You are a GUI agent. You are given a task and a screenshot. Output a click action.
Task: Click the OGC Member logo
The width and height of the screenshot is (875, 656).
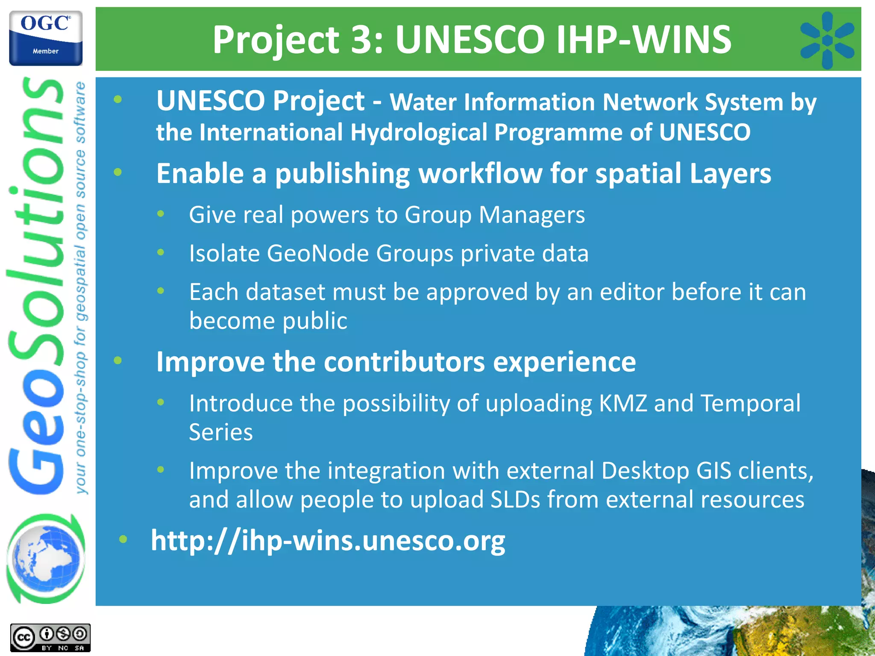point(46,38)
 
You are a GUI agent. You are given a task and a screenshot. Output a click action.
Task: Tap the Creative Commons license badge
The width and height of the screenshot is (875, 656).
point(50,638)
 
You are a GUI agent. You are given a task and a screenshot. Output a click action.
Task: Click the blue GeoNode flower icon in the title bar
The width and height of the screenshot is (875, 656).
point(827,40)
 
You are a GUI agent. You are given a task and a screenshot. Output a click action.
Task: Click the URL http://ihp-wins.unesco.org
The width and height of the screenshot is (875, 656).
point(328,541)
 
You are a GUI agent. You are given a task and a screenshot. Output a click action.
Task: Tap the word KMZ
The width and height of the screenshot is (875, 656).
point(623,403)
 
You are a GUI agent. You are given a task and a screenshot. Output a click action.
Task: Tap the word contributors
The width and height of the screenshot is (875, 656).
point(404,362)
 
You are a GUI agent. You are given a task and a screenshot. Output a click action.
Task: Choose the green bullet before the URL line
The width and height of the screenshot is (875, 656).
point(123,539)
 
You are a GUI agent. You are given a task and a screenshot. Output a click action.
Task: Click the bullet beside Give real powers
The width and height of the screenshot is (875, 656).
point(161,214)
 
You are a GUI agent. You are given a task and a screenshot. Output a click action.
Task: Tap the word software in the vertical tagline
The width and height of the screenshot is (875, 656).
point(80,112)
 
